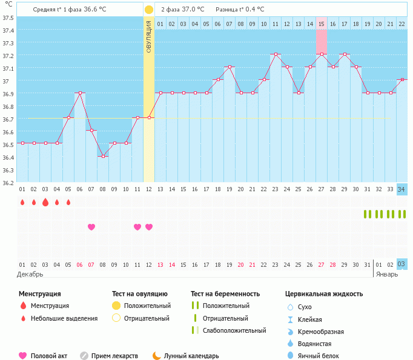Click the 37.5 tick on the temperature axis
[x=8, y=17]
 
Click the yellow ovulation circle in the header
[x=149, y=10]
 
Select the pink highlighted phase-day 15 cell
[x=321, y=24]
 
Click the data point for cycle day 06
[x=79, y=93]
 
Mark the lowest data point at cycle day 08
[x=102, y=156]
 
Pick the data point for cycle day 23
[x=275, y=54]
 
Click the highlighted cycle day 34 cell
[x=401, y=189]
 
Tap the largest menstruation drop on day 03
[x=45, y=202]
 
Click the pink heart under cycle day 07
[x=91, y=227]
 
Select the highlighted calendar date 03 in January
[x=401, y=264]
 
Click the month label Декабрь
[x=30, y=274]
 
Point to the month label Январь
[x=387, y=274]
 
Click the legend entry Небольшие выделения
[x=64, y=318]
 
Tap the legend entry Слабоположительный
[x=234, y=330]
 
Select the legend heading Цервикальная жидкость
[x=324, y=293]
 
